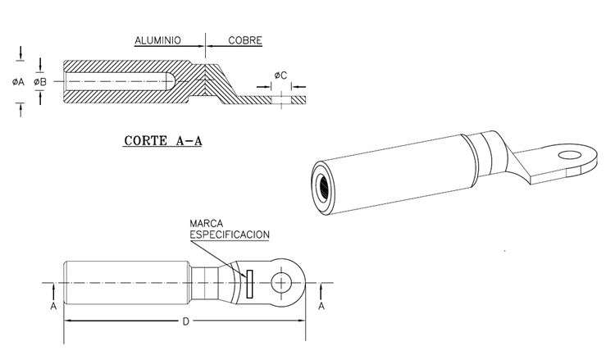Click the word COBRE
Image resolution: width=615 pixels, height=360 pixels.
click(x=245, y=39)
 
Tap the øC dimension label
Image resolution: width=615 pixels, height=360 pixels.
click(x=280, y=75)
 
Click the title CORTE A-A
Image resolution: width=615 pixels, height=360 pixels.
click(x=162, y=140)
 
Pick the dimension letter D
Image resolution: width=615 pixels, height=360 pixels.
click(x=185, y=321)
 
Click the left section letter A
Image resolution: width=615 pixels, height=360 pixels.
click(x=52, y=305)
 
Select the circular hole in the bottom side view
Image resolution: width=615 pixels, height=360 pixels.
click(x=283, y=283)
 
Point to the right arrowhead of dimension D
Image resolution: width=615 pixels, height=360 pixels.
click(x=303, y=321)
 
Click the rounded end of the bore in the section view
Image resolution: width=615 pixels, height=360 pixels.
click(x=169, y=82)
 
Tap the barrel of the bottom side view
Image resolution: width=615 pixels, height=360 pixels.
click(x=127, y=283)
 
